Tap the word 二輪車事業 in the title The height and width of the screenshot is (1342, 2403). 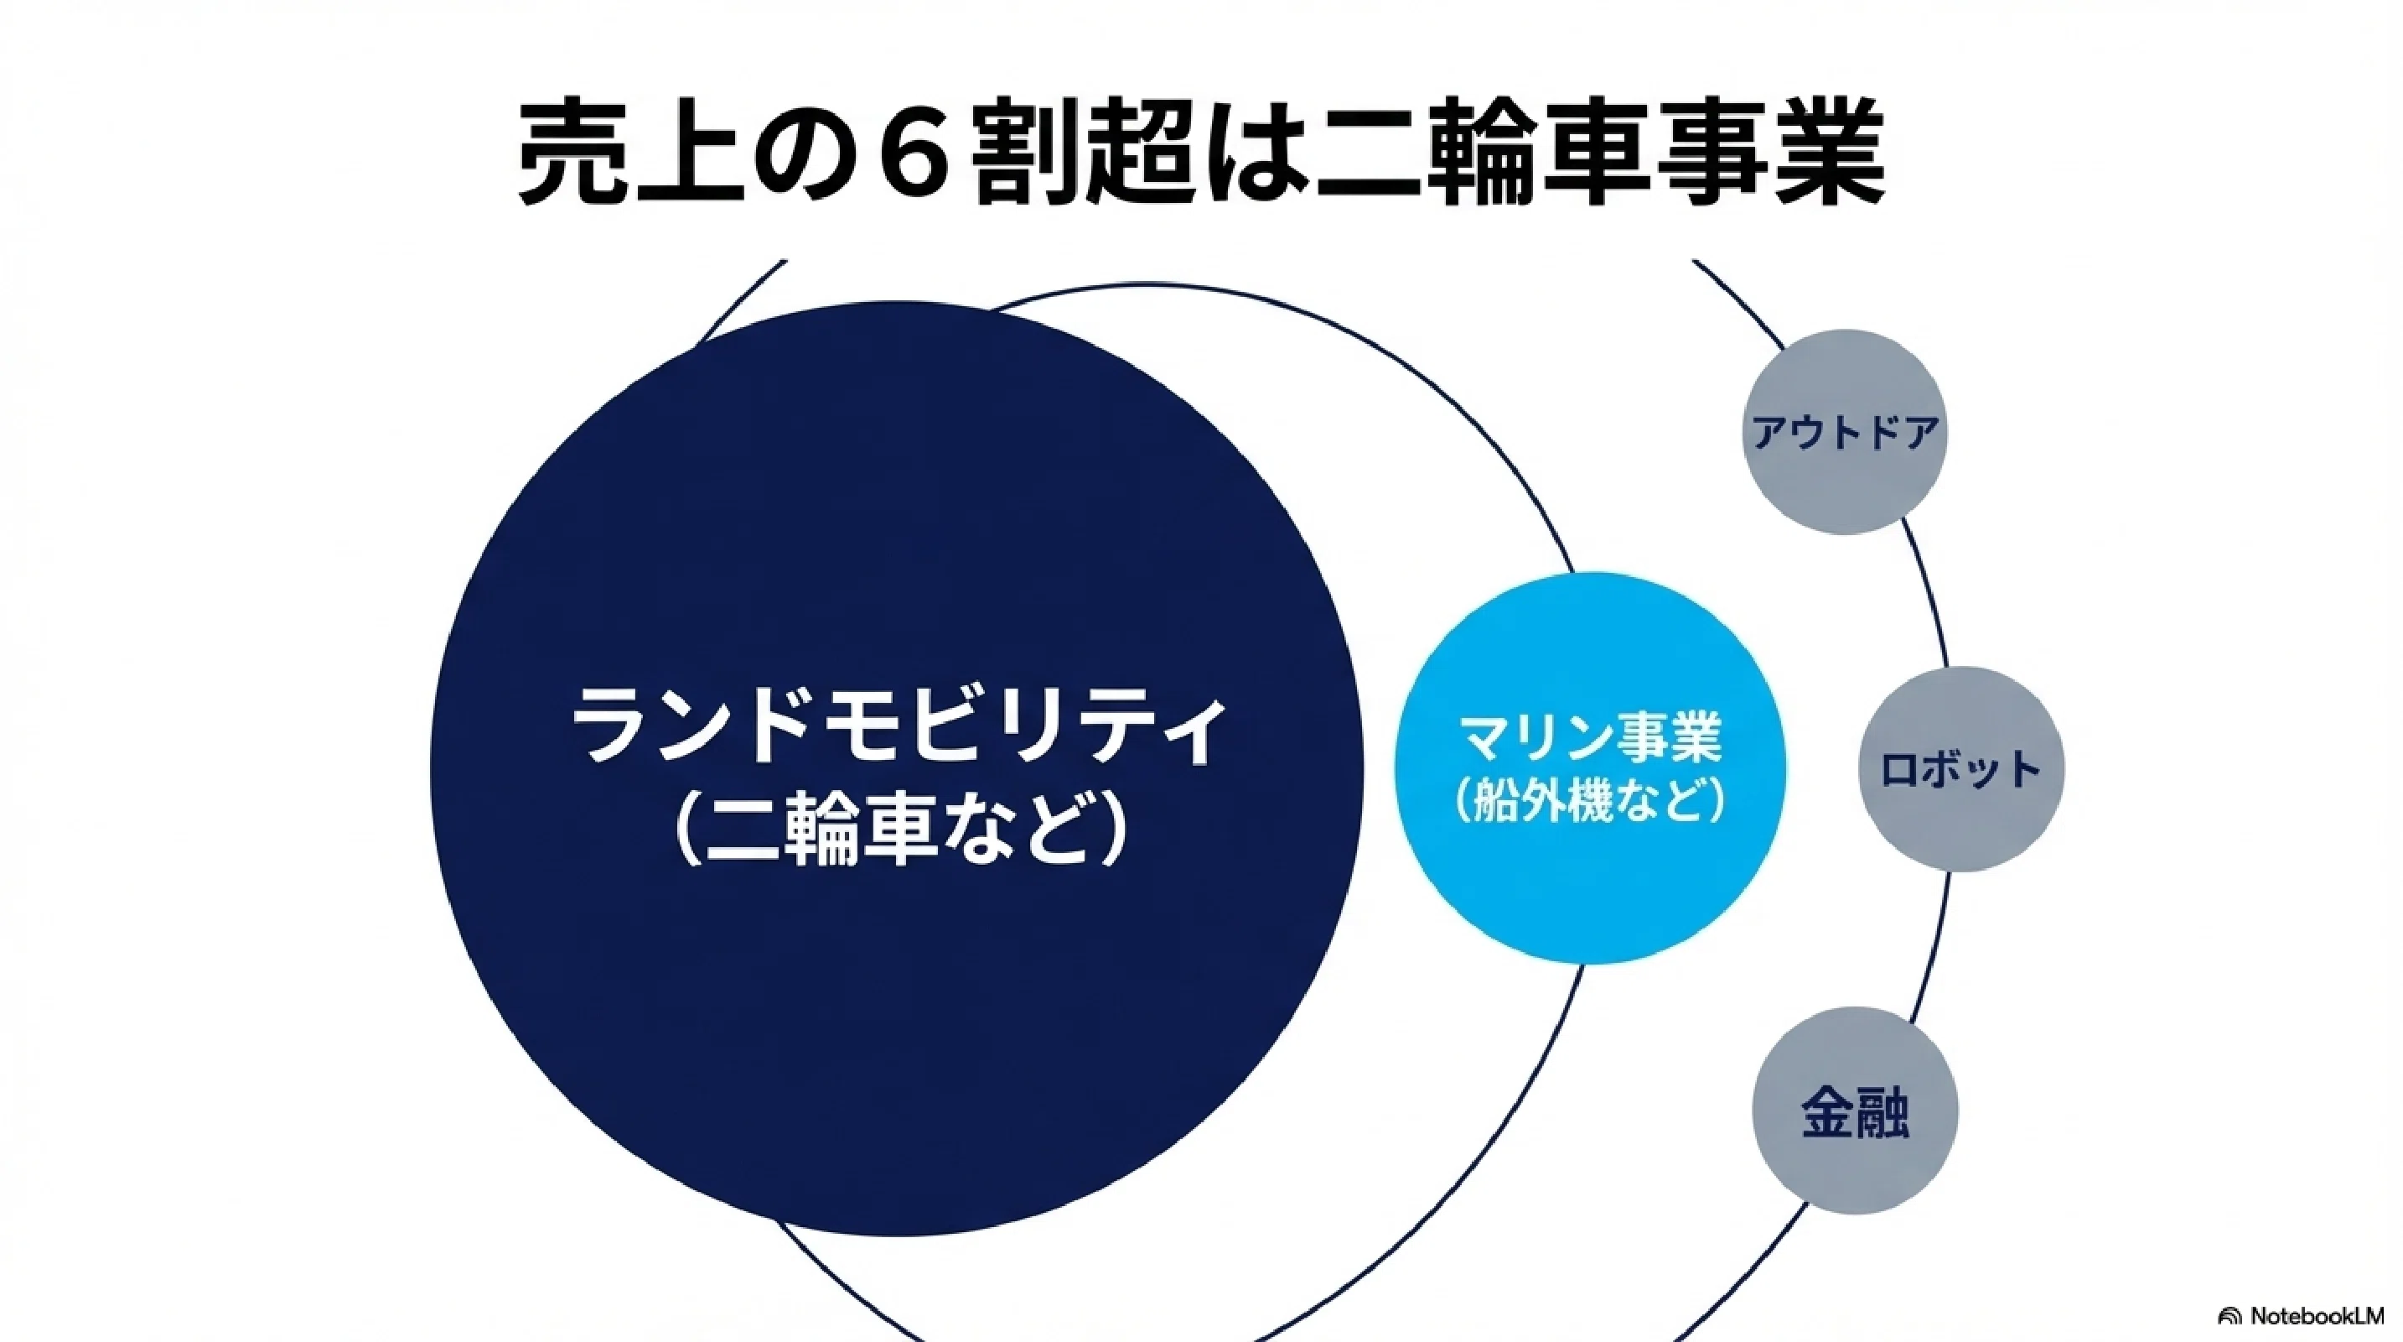(1596, 155)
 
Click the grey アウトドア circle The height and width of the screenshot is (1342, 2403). (1844, 432)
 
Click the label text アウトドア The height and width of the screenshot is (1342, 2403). (1845, 433)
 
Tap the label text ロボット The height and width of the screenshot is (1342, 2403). (1960, 770)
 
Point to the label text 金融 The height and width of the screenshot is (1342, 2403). (1855, 1111)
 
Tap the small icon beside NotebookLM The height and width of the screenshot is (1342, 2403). (2230, 1317)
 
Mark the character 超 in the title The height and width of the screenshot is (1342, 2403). (1140, 155)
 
